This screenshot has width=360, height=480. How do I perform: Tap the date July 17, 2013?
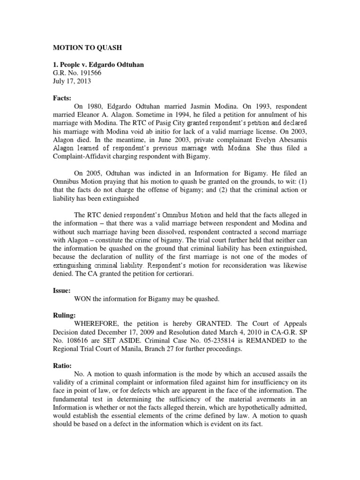pyautogui.click(x=71, y=81)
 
